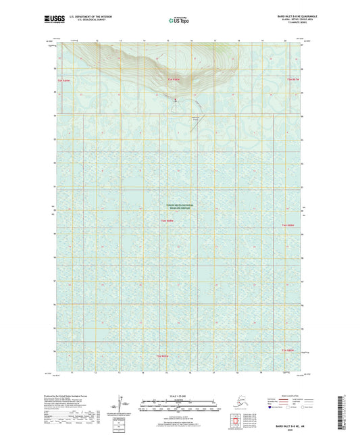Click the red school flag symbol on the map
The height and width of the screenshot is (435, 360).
click(x=178, y=101)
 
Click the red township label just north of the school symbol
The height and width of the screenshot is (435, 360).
click(x=174, y=80)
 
